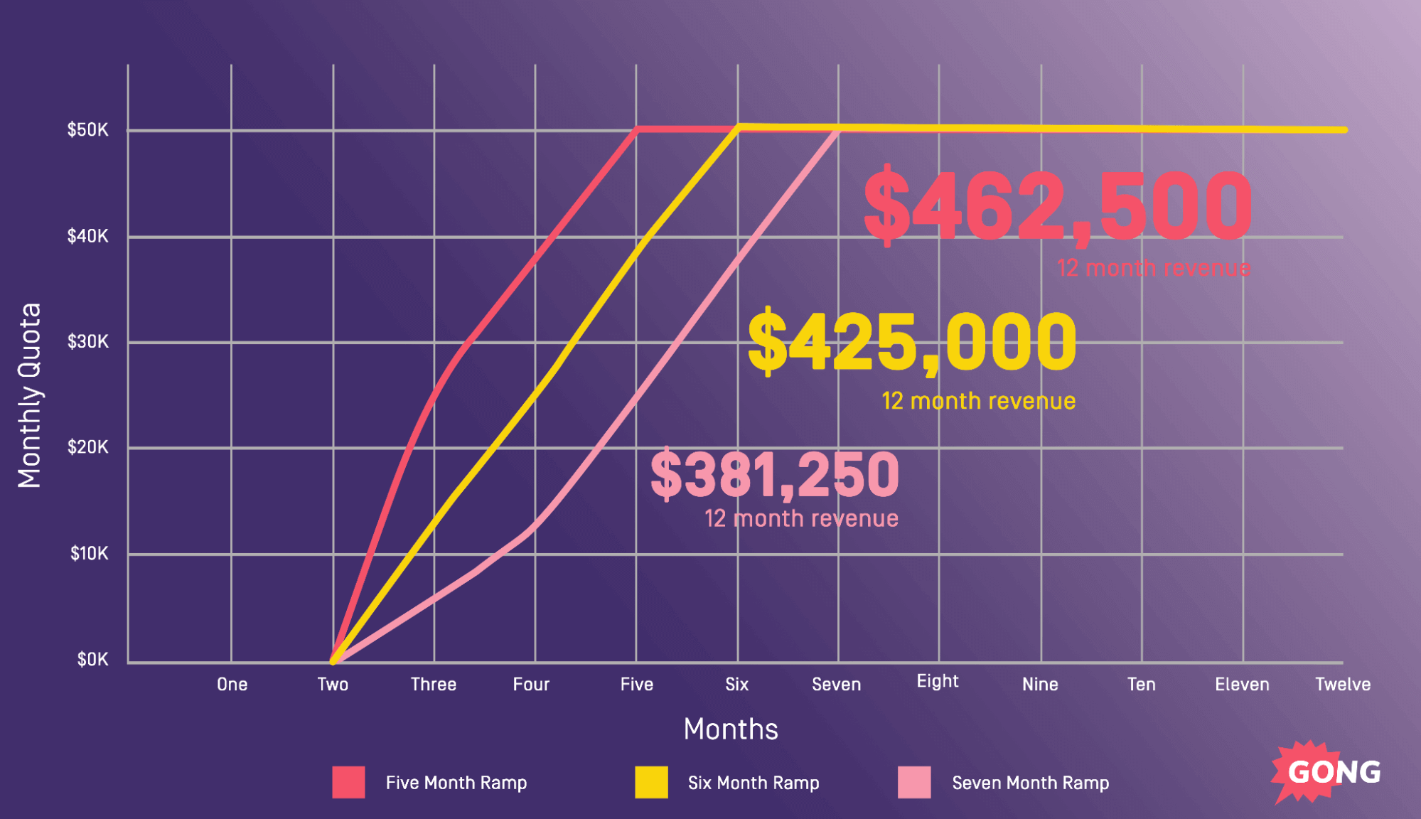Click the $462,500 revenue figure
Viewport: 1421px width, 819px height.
1057,206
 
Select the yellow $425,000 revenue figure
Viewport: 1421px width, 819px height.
912,343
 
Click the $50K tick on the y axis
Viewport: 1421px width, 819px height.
88,129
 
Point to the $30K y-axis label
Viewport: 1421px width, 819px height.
88,341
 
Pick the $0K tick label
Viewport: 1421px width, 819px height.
92,659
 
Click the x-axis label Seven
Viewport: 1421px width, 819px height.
836,684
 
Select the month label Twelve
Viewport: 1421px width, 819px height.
1342,684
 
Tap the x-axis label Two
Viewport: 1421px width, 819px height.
333,684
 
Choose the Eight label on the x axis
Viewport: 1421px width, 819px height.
937,681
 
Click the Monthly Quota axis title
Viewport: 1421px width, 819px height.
30,395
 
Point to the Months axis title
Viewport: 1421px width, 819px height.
731,729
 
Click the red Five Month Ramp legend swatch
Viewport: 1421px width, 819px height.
348,782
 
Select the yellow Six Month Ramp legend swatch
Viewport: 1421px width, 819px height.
651,782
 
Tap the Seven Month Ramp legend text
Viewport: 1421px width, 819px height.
1030,783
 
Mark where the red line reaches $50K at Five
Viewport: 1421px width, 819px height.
637,129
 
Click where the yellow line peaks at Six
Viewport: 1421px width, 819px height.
738,127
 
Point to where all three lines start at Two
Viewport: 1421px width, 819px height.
333,661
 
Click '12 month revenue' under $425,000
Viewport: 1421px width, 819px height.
978,401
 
